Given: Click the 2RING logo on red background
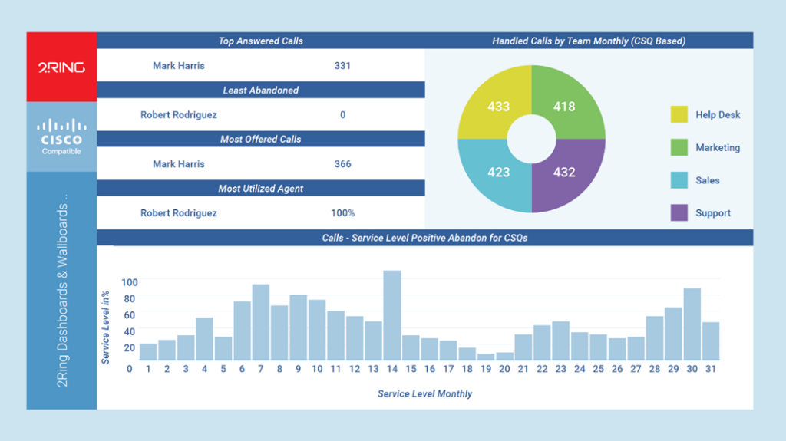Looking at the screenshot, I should point(61,67).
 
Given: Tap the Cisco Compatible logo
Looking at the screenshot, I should point(61,136).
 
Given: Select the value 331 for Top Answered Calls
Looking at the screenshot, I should point(342,66).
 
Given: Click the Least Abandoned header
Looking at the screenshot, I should point(261,91).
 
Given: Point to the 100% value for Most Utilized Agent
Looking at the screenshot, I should point(342,213).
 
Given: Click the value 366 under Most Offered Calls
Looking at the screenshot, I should point(342,164).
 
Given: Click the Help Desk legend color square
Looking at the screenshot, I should point(679,115).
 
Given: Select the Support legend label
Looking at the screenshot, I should point(713,213).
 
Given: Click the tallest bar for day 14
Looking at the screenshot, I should point(391,315).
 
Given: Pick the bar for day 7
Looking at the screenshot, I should point(261,322).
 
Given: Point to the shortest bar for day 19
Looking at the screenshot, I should point(486,357).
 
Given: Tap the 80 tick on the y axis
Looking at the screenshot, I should point(128,299).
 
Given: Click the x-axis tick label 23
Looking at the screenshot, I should point(560,369).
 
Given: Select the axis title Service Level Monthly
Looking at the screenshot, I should point(424,394).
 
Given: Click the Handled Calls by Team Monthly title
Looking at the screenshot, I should point(589,41).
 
